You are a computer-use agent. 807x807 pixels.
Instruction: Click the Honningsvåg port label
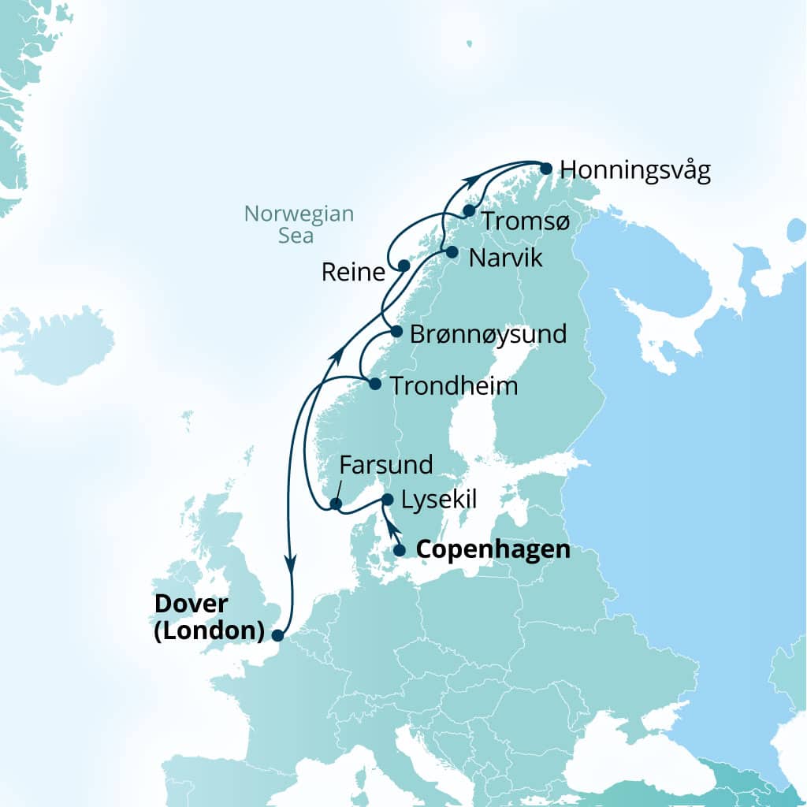tap(635, 171)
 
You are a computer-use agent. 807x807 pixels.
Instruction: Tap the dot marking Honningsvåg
tap(545, 168)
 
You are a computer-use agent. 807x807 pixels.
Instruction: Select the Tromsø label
tap(525, 221)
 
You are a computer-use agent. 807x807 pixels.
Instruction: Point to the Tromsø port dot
tap(469, 210)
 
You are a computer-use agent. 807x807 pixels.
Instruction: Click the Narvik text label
tap(505, 258)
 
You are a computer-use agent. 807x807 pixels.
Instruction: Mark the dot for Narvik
tap(452, 252)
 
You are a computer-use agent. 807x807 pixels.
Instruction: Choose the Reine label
tap(354, 273)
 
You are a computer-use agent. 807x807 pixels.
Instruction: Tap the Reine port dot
tap(403, 266)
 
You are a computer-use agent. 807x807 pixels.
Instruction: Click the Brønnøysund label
tap(489, 334)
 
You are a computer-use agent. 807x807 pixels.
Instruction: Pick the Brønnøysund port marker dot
tap(396, 331)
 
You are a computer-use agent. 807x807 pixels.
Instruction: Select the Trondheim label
tap(455, 386)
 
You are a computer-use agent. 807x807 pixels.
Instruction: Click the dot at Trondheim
tap(375, 385)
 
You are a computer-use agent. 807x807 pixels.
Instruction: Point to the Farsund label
tap(386, 465)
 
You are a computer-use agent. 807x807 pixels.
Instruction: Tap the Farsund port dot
tap(335, 504)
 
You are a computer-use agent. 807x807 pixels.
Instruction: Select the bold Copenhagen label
tap(493, 549)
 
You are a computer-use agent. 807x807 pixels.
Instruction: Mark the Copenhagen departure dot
tap(400, 550)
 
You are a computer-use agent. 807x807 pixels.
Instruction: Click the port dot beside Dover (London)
tap(277, 634)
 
